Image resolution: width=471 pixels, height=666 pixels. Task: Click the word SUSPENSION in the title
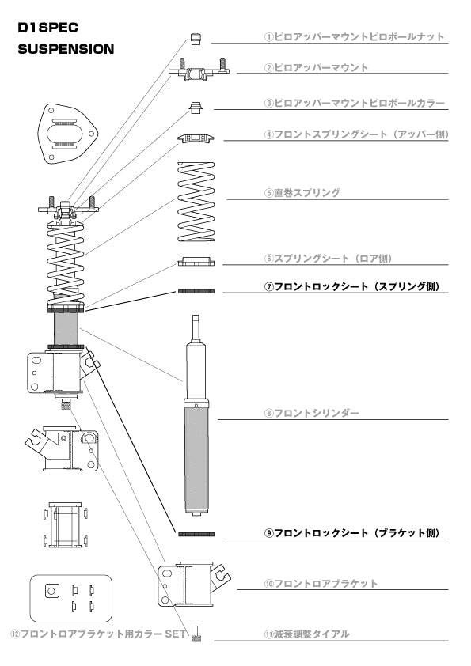tap(66, 49)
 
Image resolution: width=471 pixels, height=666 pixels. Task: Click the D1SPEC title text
tap(48, 28)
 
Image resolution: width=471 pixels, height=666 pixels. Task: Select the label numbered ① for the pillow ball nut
tap(355, 36)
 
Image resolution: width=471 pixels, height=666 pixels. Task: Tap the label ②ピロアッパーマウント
tap(317, 67)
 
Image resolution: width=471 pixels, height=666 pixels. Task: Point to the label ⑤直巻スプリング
tap(302, 193)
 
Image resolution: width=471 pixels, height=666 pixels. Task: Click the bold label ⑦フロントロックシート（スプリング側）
tap(352, 286)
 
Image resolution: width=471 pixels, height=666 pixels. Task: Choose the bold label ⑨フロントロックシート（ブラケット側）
tap(352, 533)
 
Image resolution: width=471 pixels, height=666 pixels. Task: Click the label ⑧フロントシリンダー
tap(312, 413)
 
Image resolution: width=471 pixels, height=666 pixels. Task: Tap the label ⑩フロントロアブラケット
tap(321, 584)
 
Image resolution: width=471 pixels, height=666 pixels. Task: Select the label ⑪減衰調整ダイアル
tap(307, 634)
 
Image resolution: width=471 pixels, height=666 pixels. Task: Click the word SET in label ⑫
tap(175, 634)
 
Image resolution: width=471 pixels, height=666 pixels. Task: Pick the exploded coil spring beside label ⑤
tap(196, 202)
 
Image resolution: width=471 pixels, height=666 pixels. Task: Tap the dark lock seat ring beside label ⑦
tap(196, 291)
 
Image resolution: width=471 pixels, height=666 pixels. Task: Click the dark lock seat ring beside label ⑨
tap(196, 535)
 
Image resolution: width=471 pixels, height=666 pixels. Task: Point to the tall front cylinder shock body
tap(196, 415)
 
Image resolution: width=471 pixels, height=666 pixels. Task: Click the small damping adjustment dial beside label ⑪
tap(196, 634)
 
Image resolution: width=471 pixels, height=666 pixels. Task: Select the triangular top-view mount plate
tap(67, 134)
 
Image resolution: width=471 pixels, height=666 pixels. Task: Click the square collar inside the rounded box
tap(52, 591)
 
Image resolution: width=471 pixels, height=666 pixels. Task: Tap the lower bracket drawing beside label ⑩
tap(193, 584)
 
